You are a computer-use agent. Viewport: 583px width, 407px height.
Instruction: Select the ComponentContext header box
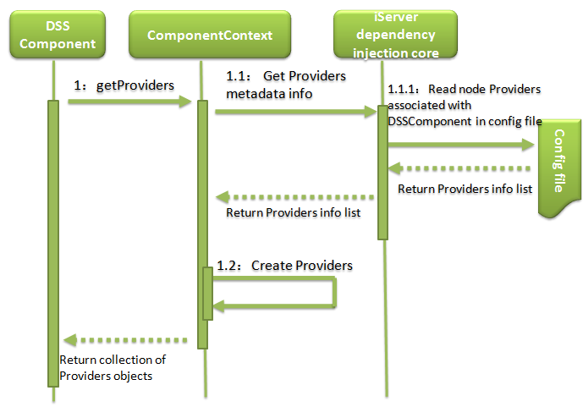209,36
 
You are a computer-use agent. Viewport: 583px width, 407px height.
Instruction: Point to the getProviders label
124,85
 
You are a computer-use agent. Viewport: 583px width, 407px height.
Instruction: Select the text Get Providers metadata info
285,85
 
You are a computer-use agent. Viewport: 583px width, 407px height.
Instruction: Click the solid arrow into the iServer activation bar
296,110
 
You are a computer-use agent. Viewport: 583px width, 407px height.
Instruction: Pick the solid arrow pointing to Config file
462,146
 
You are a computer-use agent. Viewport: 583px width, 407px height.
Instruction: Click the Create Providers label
284,266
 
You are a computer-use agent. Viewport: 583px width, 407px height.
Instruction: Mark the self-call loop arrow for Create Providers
334,293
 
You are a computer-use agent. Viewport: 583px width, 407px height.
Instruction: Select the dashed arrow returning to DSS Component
127,340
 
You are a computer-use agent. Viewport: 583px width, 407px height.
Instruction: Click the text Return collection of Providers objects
112,367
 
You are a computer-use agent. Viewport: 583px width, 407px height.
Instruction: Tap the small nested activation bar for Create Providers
207,293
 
